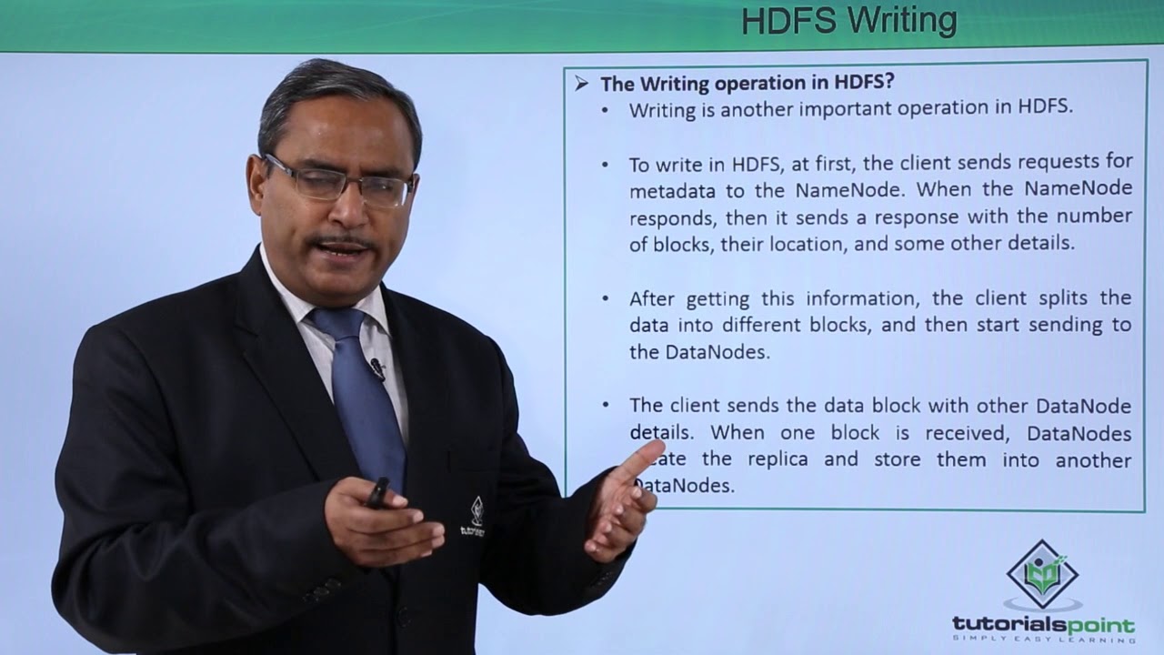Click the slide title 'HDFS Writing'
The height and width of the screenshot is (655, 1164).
coord(848,20)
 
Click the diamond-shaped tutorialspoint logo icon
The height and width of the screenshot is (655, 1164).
coord(1042,574)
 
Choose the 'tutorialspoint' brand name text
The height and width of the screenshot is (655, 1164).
coord(1043,625)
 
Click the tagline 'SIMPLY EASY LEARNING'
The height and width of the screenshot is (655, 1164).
coord(1043,640)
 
